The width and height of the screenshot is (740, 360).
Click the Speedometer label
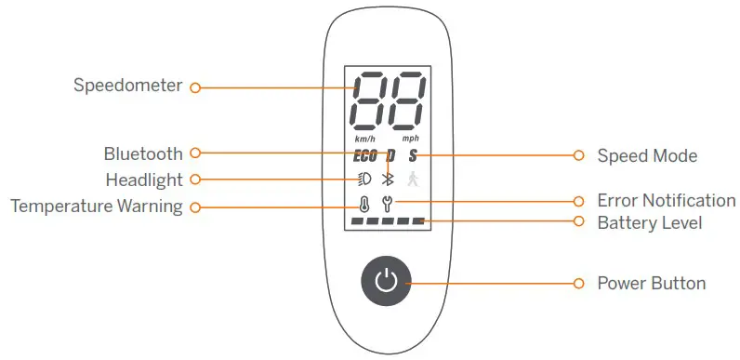click(128, 87)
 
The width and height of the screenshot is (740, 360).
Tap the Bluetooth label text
click(143, 153)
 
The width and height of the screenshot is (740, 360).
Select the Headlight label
click(143, 180)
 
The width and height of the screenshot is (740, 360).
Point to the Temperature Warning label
click(96, 207)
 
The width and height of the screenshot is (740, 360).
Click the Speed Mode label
click(647, 155)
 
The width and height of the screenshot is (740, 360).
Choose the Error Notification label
click(666, 201)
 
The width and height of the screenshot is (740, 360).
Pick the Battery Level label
click(649, 222)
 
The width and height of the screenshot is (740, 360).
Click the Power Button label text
click(651, 283)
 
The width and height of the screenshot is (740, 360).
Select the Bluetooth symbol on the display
click(390, 180)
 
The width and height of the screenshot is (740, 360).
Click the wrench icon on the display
click(390, 202)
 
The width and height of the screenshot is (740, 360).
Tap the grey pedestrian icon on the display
click(414, 180)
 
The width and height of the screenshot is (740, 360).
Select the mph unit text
click(410, 139)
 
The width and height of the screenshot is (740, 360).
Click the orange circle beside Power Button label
click(578, 283)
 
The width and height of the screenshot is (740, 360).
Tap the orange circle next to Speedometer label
click(195, 87)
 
